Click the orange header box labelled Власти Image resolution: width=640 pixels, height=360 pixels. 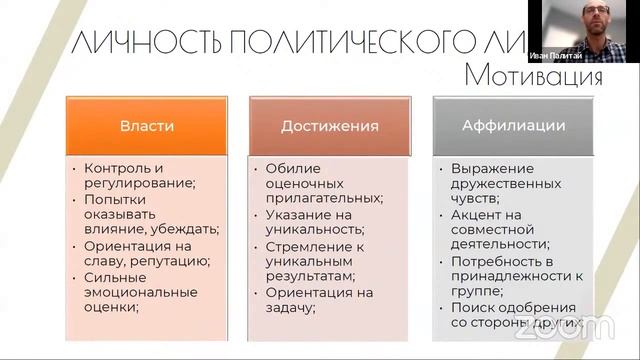click(147, 126)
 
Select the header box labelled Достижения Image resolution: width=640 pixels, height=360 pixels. click(329, 126)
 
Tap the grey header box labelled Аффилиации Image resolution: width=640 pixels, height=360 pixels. click(514, 126)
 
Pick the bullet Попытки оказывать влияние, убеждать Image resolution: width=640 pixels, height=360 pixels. click(150, 214)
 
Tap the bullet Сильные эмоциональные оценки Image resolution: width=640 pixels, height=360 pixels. click(140, 292)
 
